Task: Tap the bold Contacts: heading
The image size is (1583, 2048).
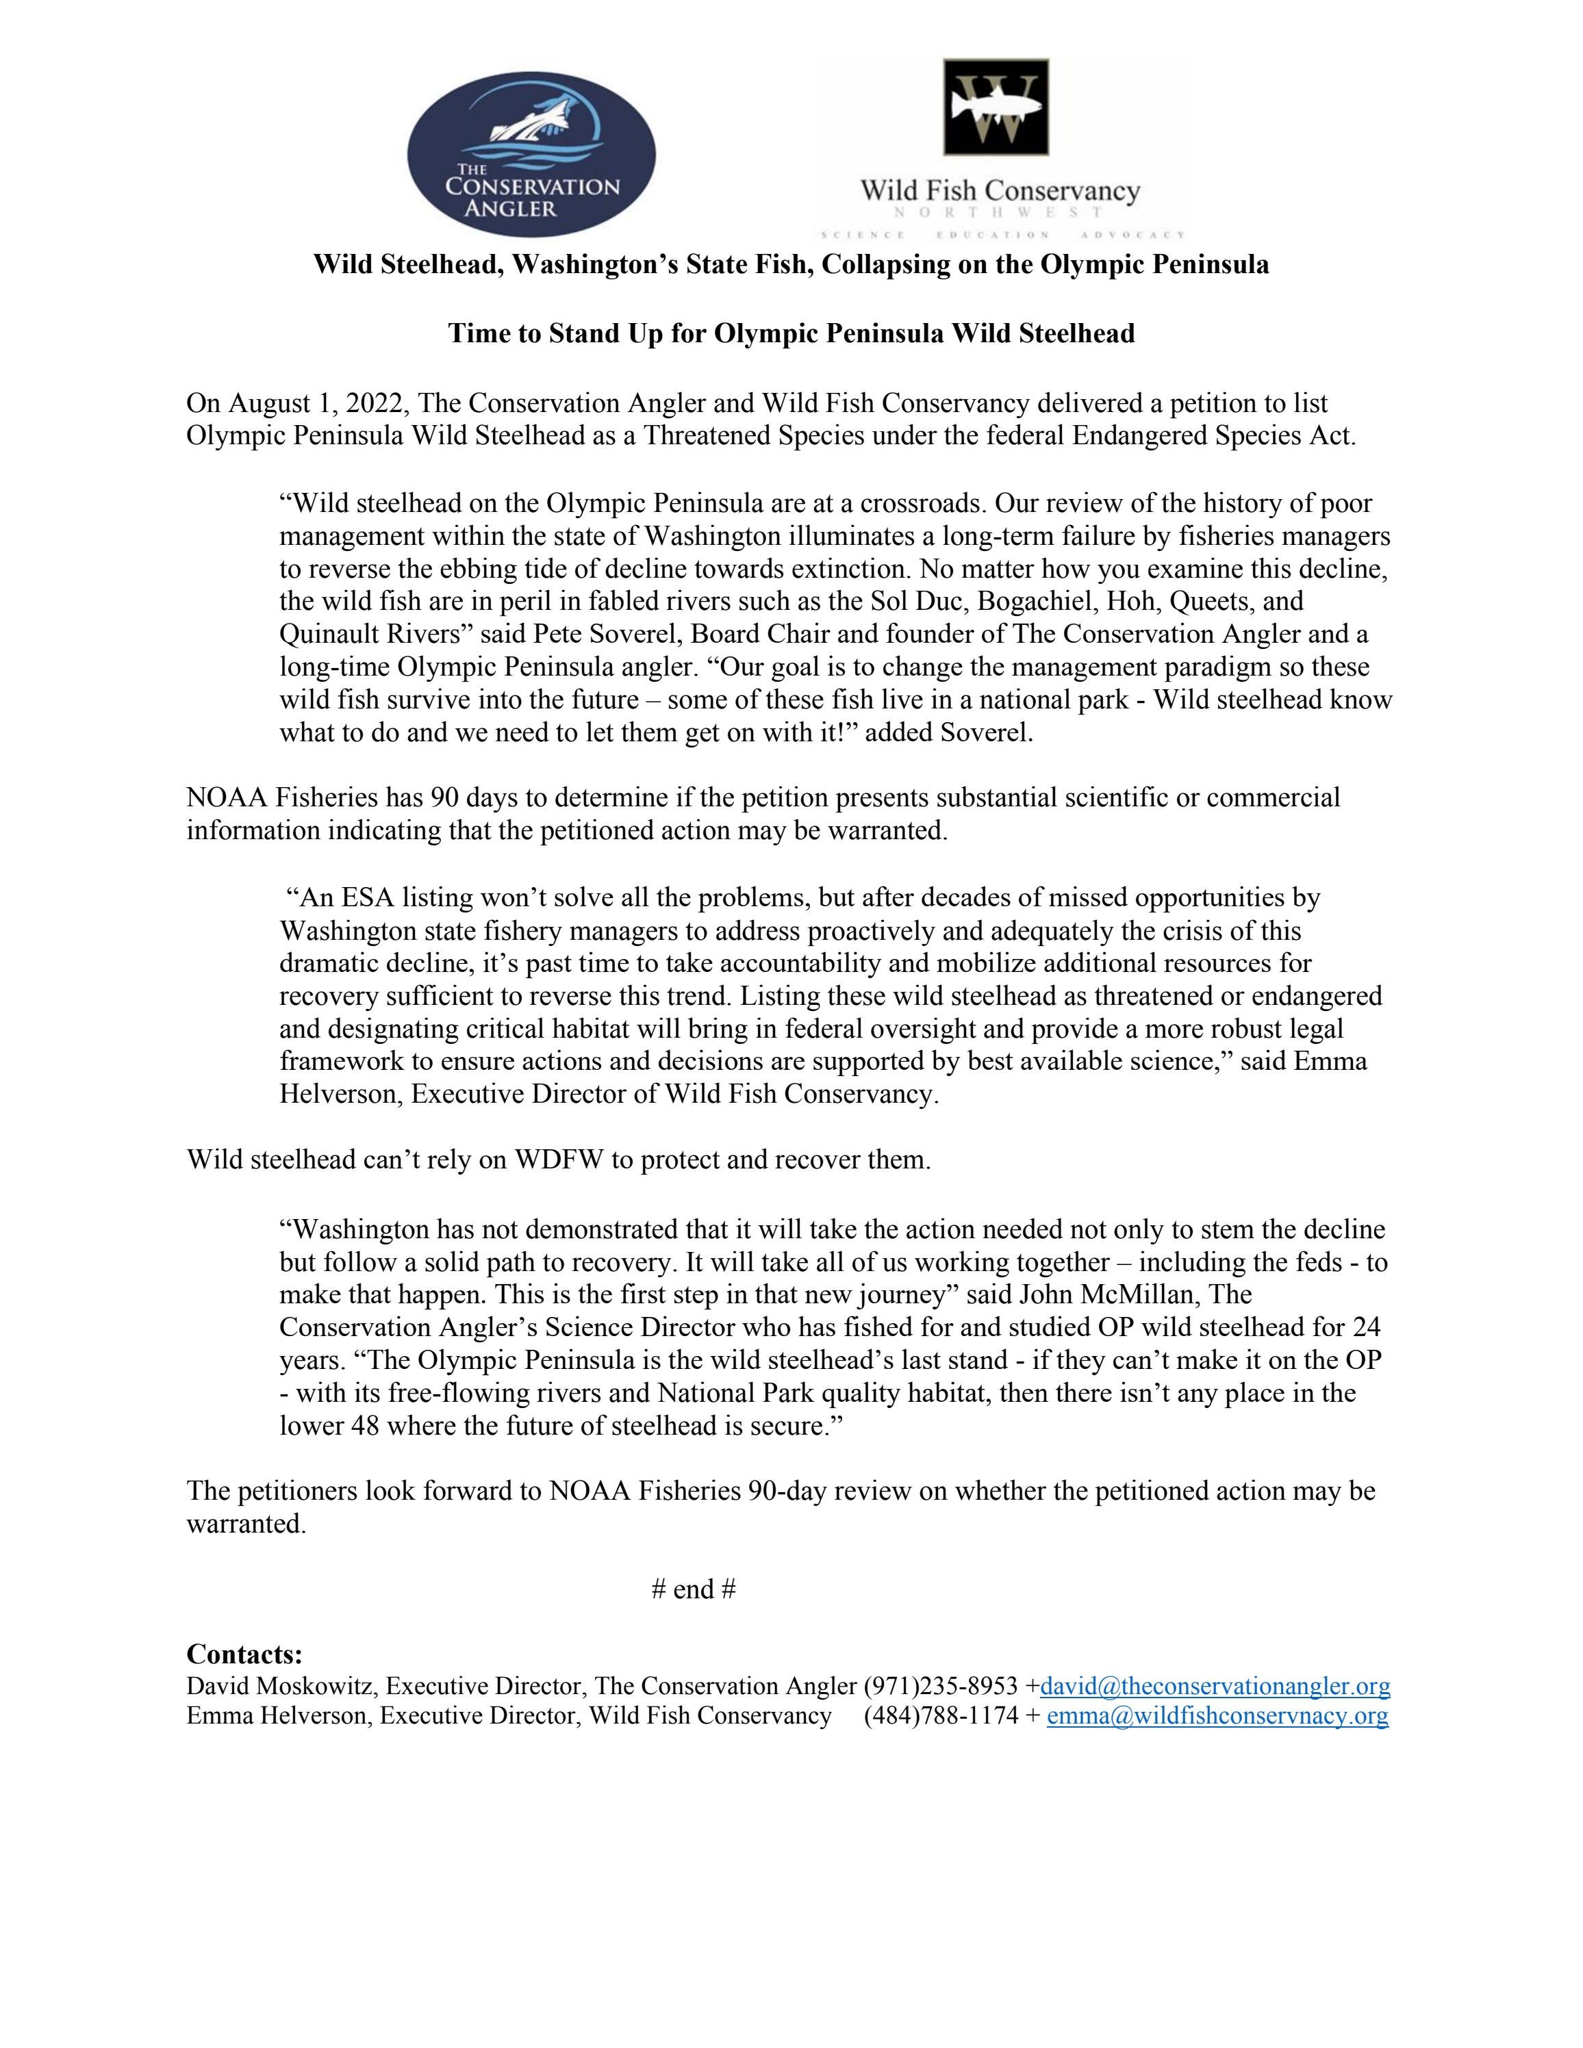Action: (x=244, y=1653)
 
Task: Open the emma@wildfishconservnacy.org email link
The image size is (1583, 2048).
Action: (x=1216, y=1716)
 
